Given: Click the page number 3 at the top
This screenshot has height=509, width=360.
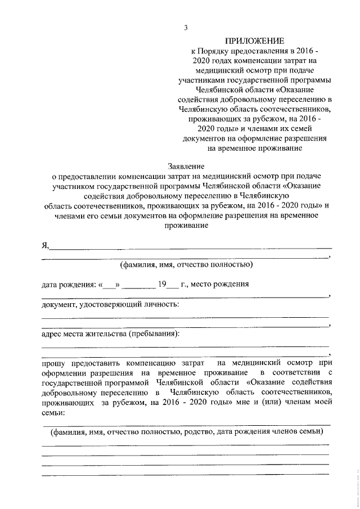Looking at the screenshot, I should (x=186, y=28).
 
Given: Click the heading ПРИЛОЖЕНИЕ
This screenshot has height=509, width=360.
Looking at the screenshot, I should (x=256, y=41).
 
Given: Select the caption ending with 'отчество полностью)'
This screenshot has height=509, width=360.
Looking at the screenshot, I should (x=187, y=264).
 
